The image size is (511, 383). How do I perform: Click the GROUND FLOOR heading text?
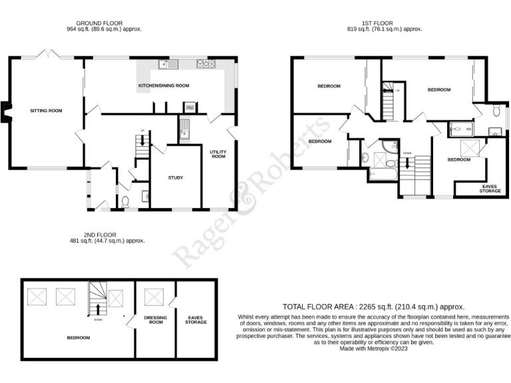click(x=104, y=23)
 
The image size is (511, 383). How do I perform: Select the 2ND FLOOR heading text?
click(x=100, y=235)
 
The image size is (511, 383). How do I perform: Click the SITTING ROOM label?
click(x=46, y=110)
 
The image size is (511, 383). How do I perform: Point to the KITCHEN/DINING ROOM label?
click(x=164, y=86)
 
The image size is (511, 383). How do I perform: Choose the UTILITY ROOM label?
click(x=219, y=154)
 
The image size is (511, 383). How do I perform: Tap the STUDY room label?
click(x=176, y=178)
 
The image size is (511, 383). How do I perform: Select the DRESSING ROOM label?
click(x=155, y=320)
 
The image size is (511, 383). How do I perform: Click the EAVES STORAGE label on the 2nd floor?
click(x=196, y=320)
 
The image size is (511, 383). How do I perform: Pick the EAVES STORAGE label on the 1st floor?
click(x=490, y=189)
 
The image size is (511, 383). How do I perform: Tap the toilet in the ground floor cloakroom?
click(x=125, y=202)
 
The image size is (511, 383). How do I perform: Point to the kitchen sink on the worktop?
click(x=166, y=64)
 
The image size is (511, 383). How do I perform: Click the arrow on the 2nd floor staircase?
click(x=98, y=310)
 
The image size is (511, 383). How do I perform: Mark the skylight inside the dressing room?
click(x=155, y=295)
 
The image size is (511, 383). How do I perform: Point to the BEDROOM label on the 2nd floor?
click(x=79, y=338)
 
